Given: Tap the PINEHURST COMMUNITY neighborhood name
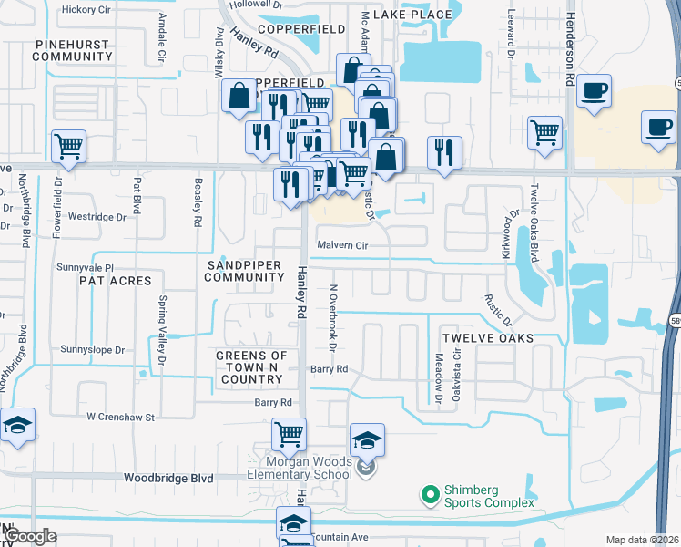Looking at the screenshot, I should pyautogui.click(x=71, y=50).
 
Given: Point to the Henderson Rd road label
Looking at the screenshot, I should pyautogui.click(x=571, y=44).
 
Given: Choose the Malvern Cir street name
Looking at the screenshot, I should pyautogui.click(x=342, y=245).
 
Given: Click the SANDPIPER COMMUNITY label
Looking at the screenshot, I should pyautogui.click(x=239, y=270).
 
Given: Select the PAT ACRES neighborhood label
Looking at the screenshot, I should pyautogui.click(x=115, y=281).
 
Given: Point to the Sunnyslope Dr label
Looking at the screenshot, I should pyautogui.click(x=92, y=349).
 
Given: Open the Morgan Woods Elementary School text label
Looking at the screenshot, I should pyautogui.click(x=300, y=467).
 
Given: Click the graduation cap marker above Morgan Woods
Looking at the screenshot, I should pyautogui.click(x=367, y=440).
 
